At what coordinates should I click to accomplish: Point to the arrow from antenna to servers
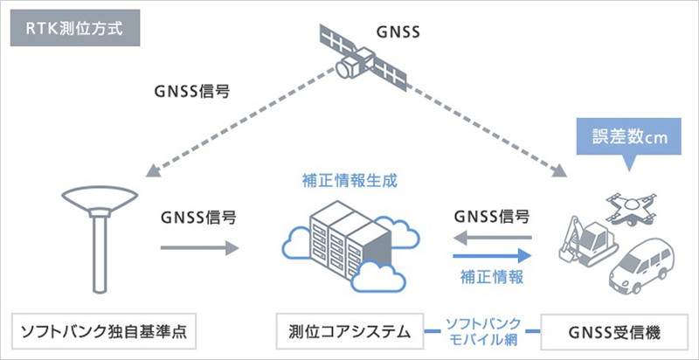(x=200, y=248)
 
